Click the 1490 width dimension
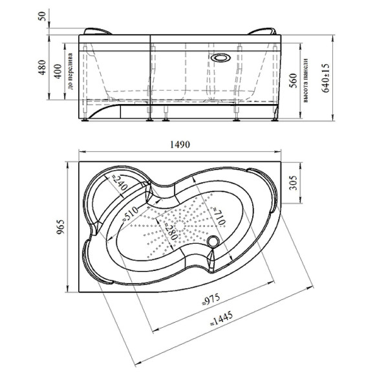click(180, 144)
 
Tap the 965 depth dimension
click(61, 227)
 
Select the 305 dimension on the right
click(294, 183)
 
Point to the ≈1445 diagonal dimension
click(222, 319)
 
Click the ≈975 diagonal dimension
click(211, 299)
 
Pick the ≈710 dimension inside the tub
click(219, 216)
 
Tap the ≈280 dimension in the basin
click(171, 230)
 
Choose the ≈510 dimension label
click(130, 213)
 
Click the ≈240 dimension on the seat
click(120, 182)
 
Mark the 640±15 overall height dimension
click(325, 78)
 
